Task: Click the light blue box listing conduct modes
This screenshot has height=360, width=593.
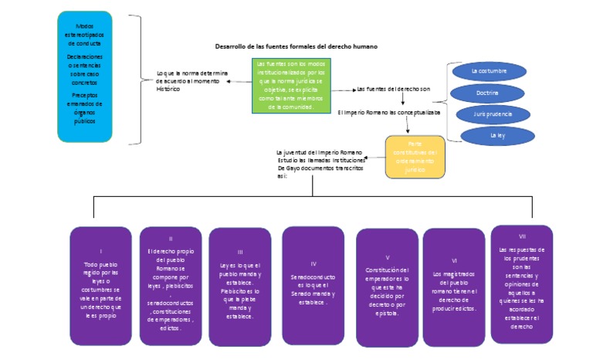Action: (85, 76)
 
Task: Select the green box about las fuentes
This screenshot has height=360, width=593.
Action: (290, 85)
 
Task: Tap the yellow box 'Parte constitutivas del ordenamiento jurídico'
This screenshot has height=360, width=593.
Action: (415, 157)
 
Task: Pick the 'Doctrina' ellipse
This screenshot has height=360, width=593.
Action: (487, 93)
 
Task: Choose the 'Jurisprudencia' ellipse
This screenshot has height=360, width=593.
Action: (492, 114)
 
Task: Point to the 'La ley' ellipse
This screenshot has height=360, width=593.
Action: (497, 135)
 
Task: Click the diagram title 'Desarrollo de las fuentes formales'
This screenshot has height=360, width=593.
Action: (296, 47)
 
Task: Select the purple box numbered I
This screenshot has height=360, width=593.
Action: (101, 285)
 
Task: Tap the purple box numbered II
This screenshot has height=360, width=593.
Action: (171, 285)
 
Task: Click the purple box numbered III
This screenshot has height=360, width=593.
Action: (240, 286)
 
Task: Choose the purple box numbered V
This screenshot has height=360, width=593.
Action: (387, 287)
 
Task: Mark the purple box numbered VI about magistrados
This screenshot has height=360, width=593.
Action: (454, 286)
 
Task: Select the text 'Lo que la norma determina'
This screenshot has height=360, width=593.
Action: (192, 73)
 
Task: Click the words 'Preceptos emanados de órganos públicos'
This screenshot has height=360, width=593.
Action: (85, 108)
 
